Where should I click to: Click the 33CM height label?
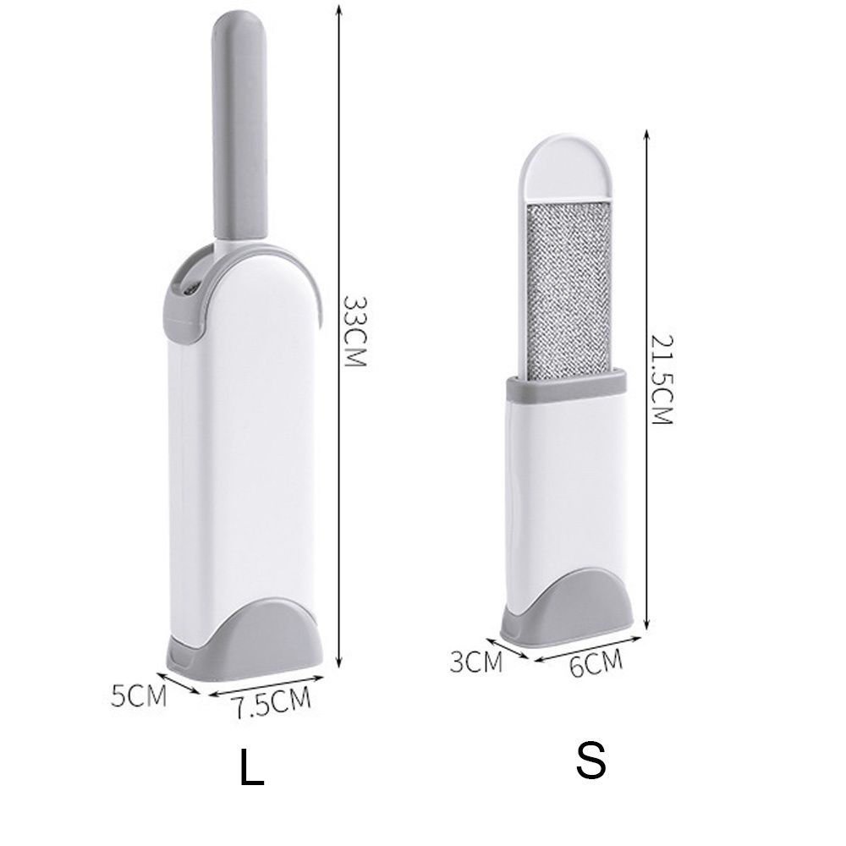tap(355, 331)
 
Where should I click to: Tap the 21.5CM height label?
tap(662, 380)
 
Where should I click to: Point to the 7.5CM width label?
tap(273, 701)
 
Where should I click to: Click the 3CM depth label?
tap(475, 662)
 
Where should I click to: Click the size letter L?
tap(251, 767)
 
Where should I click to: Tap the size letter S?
tap(591, 761)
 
